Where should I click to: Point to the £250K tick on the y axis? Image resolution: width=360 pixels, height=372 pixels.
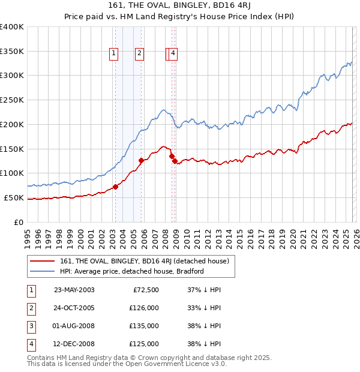pos(12,100)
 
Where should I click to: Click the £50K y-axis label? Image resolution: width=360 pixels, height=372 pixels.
pos(14,197)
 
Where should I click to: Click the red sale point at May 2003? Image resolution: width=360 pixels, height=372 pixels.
pos(115,187)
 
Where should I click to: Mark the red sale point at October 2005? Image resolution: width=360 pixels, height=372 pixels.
pos(142,160)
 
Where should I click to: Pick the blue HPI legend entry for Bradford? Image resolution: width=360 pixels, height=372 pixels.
pos(132,271)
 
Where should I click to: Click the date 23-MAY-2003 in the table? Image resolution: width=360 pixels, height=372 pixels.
pos(74,290)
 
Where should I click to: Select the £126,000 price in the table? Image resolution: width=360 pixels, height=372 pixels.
pos(144,308)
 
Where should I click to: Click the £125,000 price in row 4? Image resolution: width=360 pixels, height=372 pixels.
pos(144,344)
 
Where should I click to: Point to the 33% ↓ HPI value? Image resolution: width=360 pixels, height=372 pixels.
pos(205,308)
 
